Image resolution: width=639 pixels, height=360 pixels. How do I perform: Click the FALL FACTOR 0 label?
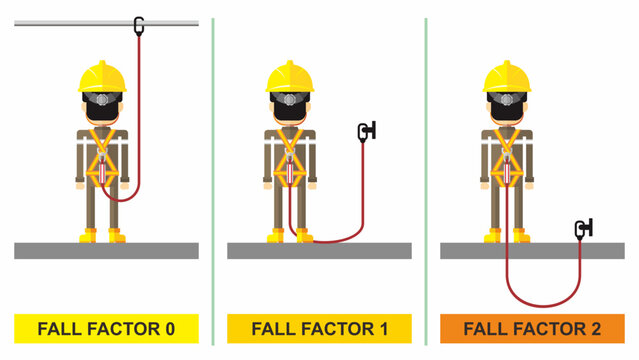tap(106, 327)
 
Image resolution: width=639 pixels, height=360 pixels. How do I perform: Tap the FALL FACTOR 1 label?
tap(319, 327)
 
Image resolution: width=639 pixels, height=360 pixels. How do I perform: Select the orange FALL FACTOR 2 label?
tap(532, 327)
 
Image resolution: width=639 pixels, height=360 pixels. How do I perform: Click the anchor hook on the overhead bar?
tap(139, 23)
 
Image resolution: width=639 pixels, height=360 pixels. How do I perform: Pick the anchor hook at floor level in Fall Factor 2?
tap(583, 229)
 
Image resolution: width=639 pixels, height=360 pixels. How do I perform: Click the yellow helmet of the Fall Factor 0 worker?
tap(102, 76)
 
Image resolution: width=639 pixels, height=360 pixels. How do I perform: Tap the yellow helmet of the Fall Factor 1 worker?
tap(289, 76)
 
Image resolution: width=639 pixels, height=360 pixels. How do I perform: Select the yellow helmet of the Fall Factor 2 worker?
tap(506, 76)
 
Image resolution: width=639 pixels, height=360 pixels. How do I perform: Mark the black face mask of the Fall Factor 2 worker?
tap(506, 112)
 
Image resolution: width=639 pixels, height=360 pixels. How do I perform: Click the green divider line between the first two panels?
tap(213, 150)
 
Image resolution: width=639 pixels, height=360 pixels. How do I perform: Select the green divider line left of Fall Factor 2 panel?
tap(426, 150)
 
